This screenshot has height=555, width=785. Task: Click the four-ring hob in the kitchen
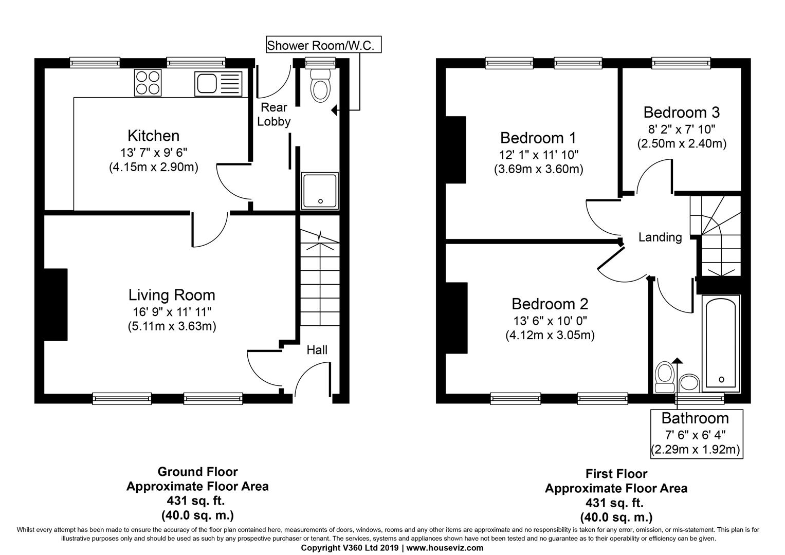pos(148,82)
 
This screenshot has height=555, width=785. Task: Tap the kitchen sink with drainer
pos(218,83)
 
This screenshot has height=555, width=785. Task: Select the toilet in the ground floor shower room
pos(320,85)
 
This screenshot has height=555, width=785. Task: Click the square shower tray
pos(320,191)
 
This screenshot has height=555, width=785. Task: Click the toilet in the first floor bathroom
pos(665,377)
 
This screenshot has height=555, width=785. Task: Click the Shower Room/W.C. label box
pos(324,45)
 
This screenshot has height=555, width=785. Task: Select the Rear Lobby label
pos(273,114)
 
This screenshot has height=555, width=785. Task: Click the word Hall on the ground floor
pos(317,349)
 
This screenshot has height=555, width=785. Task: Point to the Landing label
pos(660,237)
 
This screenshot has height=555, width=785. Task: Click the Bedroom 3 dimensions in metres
pos(682,144)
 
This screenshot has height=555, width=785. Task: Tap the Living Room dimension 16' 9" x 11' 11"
pos(172,311)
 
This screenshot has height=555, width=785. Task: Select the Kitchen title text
pos(154,136)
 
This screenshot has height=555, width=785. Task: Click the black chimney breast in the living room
pos(56,304)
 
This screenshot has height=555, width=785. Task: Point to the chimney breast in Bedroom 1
pos(455,150)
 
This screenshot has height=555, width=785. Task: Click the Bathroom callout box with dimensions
pos(697,433)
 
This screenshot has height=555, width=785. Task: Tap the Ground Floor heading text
pos(197,472)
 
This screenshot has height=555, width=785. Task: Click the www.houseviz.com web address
pos(445,548)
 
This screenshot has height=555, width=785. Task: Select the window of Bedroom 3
pos(682,63)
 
